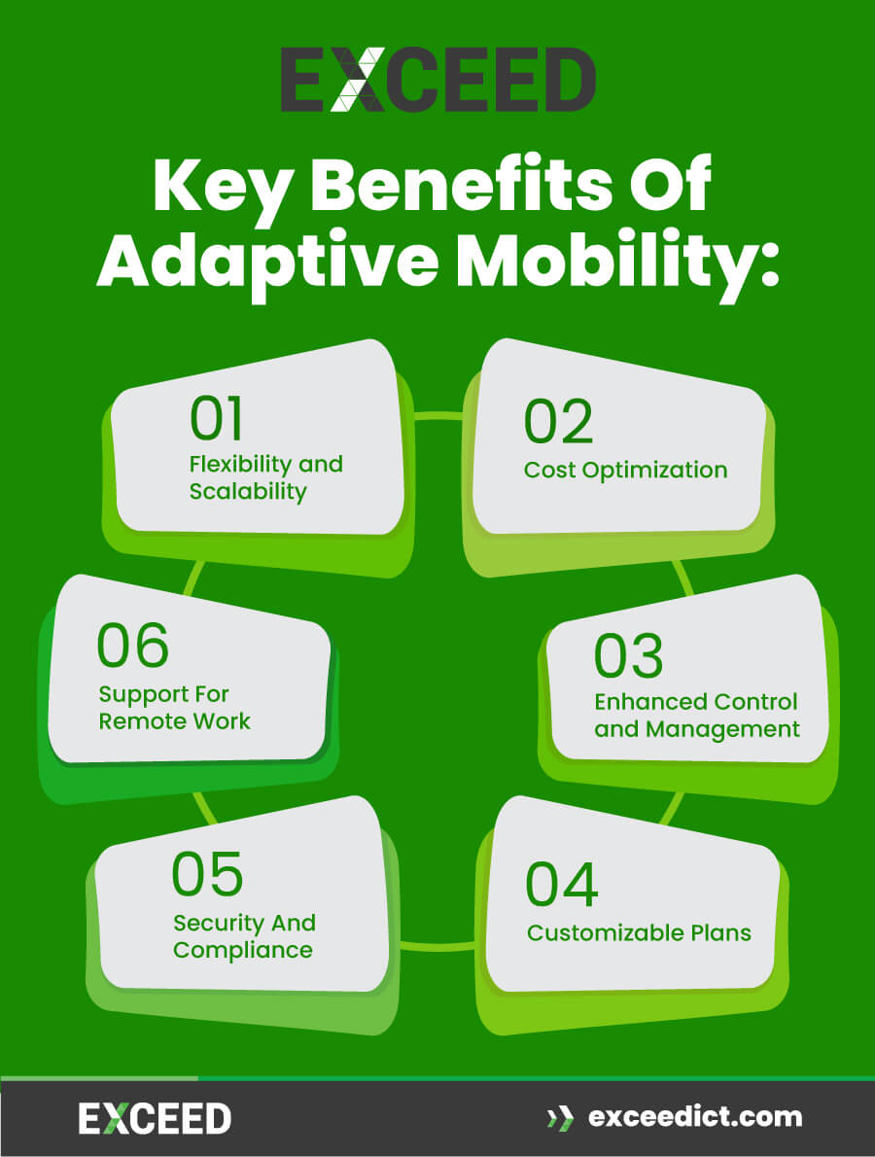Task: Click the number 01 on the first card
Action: tap(217, 418)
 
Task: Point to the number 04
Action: tap(562, 884)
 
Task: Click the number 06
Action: tap(133, 646)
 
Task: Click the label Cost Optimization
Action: tap(625, 470)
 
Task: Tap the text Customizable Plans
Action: tap(639, 932)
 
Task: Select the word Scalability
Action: tap(248, 491)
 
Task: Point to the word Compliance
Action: tap(243, 950)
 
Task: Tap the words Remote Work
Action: tap(175, 721)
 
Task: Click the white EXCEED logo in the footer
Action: tap(155, 1119)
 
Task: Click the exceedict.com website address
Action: tap(695, 1117)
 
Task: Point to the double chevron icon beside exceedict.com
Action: tap(560, 1118)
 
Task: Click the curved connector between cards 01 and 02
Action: tap(437, 416)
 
